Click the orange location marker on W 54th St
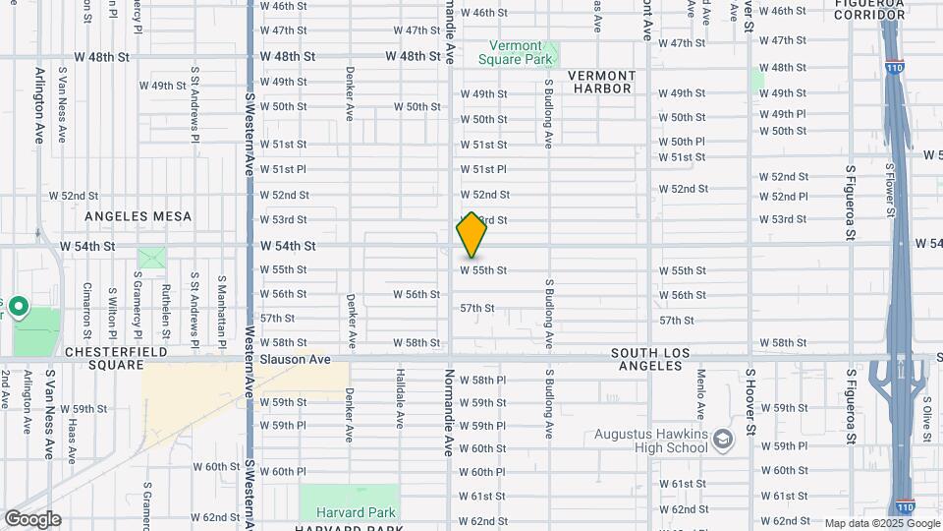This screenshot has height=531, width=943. [471, 236]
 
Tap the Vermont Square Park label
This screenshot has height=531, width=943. [516, 52]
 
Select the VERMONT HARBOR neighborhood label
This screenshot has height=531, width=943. [601, 82]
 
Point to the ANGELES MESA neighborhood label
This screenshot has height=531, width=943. [139, 215]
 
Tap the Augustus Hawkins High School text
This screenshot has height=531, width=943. [651, 441]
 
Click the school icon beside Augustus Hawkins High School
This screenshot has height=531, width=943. [724, 438]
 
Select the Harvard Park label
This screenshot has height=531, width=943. [356, 512]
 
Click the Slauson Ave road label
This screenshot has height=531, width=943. [295, 360]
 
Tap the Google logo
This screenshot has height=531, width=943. [31, 518]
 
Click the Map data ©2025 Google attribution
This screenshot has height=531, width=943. [867, 523]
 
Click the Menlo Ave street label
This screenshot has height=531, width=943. [701, 395]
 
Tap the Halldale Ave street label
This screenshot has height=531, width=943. [401, 405]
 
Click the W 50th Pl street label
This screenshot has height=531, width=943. [682, 142]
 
